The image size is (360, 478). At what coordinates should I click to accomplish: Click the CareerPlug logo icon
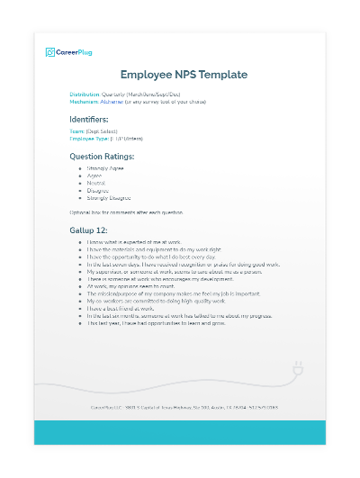pyautogui.click(x=50, y=52)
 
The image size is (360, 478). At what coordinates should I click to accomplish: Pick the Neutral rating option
pyautogui.click(x=98, y=183)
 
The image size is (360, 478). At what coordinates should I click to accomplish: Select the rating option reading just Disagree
pyautogui.click(x=100, y=190)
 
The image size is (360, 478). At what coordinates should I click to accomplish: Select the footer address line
pyautogui.click(x=180, y=407)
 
